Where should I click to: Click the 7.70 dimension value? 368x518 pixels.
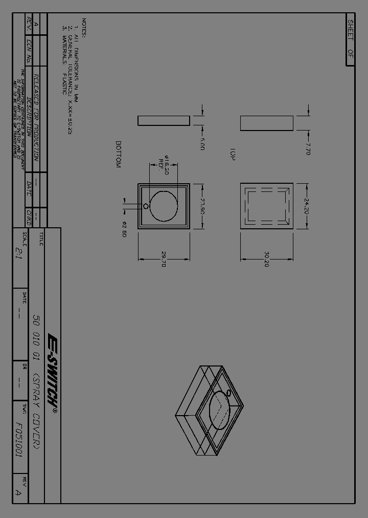tap(308, 148)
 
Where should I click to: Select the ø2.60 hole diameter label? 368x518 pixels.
tap(124, 229)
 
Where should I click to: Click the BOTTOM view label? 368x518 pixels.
tap(118, 155)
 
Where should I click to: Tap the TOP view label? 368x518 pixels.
tap(232, 155)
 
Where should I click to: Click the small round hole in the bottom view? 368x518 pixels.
tap(146, 206)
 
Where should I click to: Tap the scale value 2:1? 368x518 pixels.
tap(19, 253)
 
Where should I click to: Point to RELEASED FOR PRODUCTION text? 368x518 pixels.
tap(36, 117)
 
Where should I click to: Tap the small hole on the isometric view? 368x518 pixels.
tap(228, 393)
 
